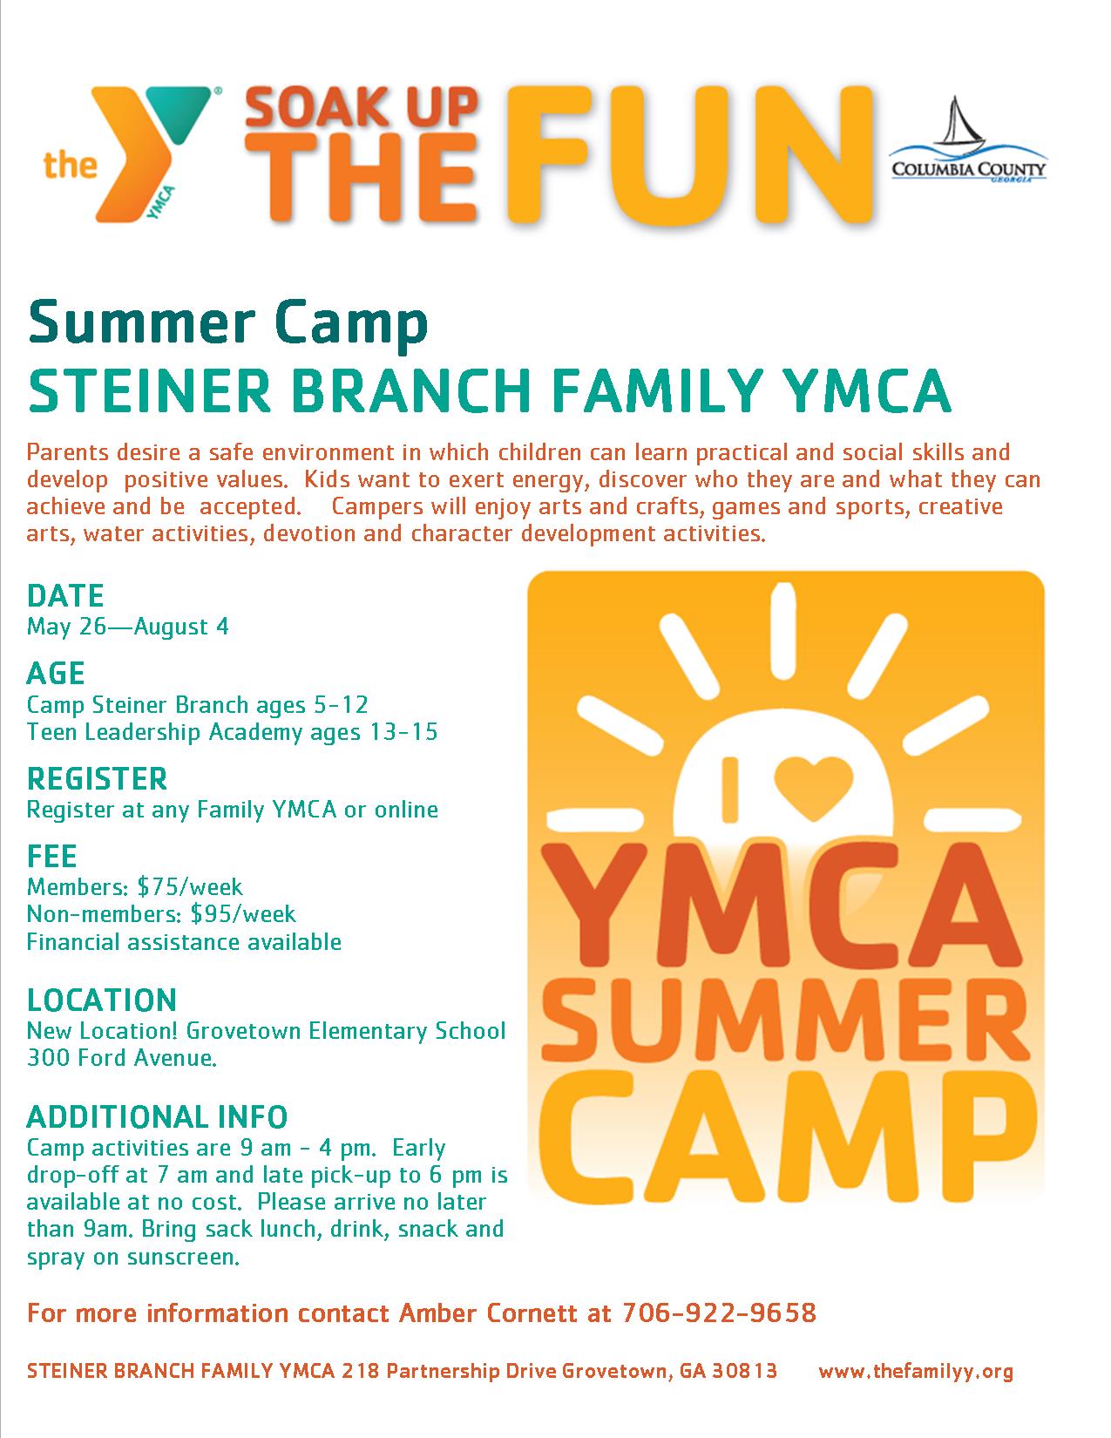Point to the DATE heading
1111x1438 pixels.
pyautogui.click(x=65, y=595)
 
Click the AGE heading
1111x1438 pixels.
pyautogui.click(x=56, y=674)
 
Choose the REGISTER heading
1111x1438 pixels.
pyautogui.click(x=98, y=779)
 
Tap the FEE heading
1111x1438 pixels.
pyautogui.click(x=51, y=857)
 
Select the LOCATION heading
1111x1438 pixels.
pyautogui.click(x=102, y=1000)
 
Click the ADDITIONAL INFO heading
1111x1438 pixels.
pyautogui.click(x=158, y=1117)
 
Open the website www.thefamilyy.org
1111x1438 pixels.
pyautogui.click(x=916, y=1371)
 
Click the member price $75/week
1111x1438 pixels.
pyautogui.click(x=190, y=886)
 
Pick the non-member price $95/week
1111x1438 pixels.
pyautogui.click(x=243, y=914)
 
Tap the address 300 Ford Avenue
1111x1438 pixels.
pyautogui.click(x=122, y=1057)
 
